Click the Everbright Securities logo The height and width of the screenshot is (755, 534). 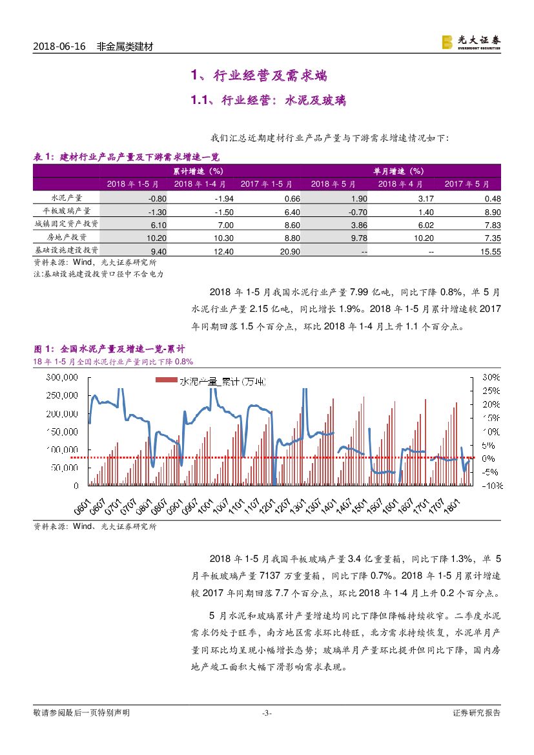coord(471,42)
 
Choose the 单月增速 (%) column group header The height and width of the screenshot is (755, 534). coord(398,171)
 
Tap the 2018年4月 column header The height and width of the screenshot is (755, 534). coord(400,184)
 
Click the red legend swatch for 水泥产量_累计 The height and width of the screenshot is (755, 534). coord(167,381)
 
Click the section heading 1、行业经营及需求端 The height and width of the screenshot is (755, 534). coord(258,76)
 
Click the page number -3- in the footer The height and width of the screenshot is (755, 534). coord(267,713)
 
